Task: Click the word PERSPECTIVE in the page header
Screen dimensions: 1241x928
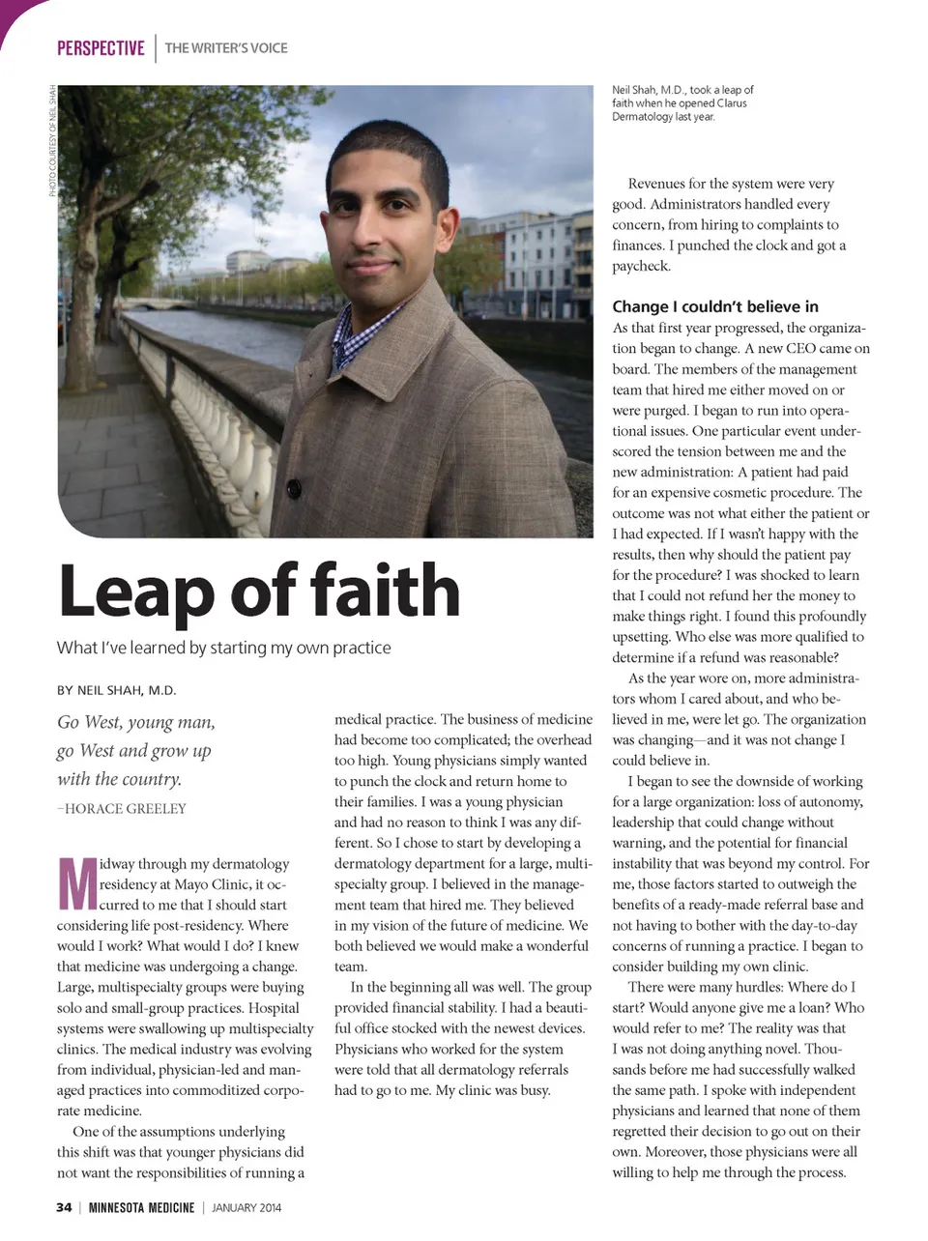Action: pos(101,48)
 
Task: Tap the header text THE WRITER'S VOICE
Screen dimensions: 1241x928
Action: pos(226,48)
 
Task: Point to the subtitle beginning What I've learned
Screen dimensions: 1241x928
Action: pos(224,648)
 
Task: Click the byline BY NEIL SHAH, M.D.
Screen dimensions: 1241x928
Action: pos(117,690)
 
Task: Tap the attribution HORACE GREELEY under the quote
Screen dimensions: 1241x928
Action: pos(125,809)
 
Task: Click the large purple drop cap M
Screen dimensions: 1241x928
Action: pos(77,882)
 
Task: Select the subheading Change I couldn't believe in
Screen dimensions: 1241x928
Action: pos(715,306)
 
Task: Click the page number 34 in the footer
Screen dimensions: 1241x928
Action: pos(64,1207)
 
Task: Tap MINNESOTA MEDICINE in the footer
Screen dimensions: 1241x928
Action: pos(141,1207)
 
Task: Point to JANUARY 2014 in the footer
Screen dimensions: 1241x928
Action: pos(246,1207)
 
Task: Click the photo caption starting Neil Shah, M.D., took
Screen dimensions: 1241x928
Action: pos(681,103)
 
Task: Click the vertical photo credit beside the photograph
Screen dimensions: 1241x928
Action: pos(52,141)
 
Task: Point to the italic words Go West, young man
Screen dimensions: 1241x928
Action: pos(136,723)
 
